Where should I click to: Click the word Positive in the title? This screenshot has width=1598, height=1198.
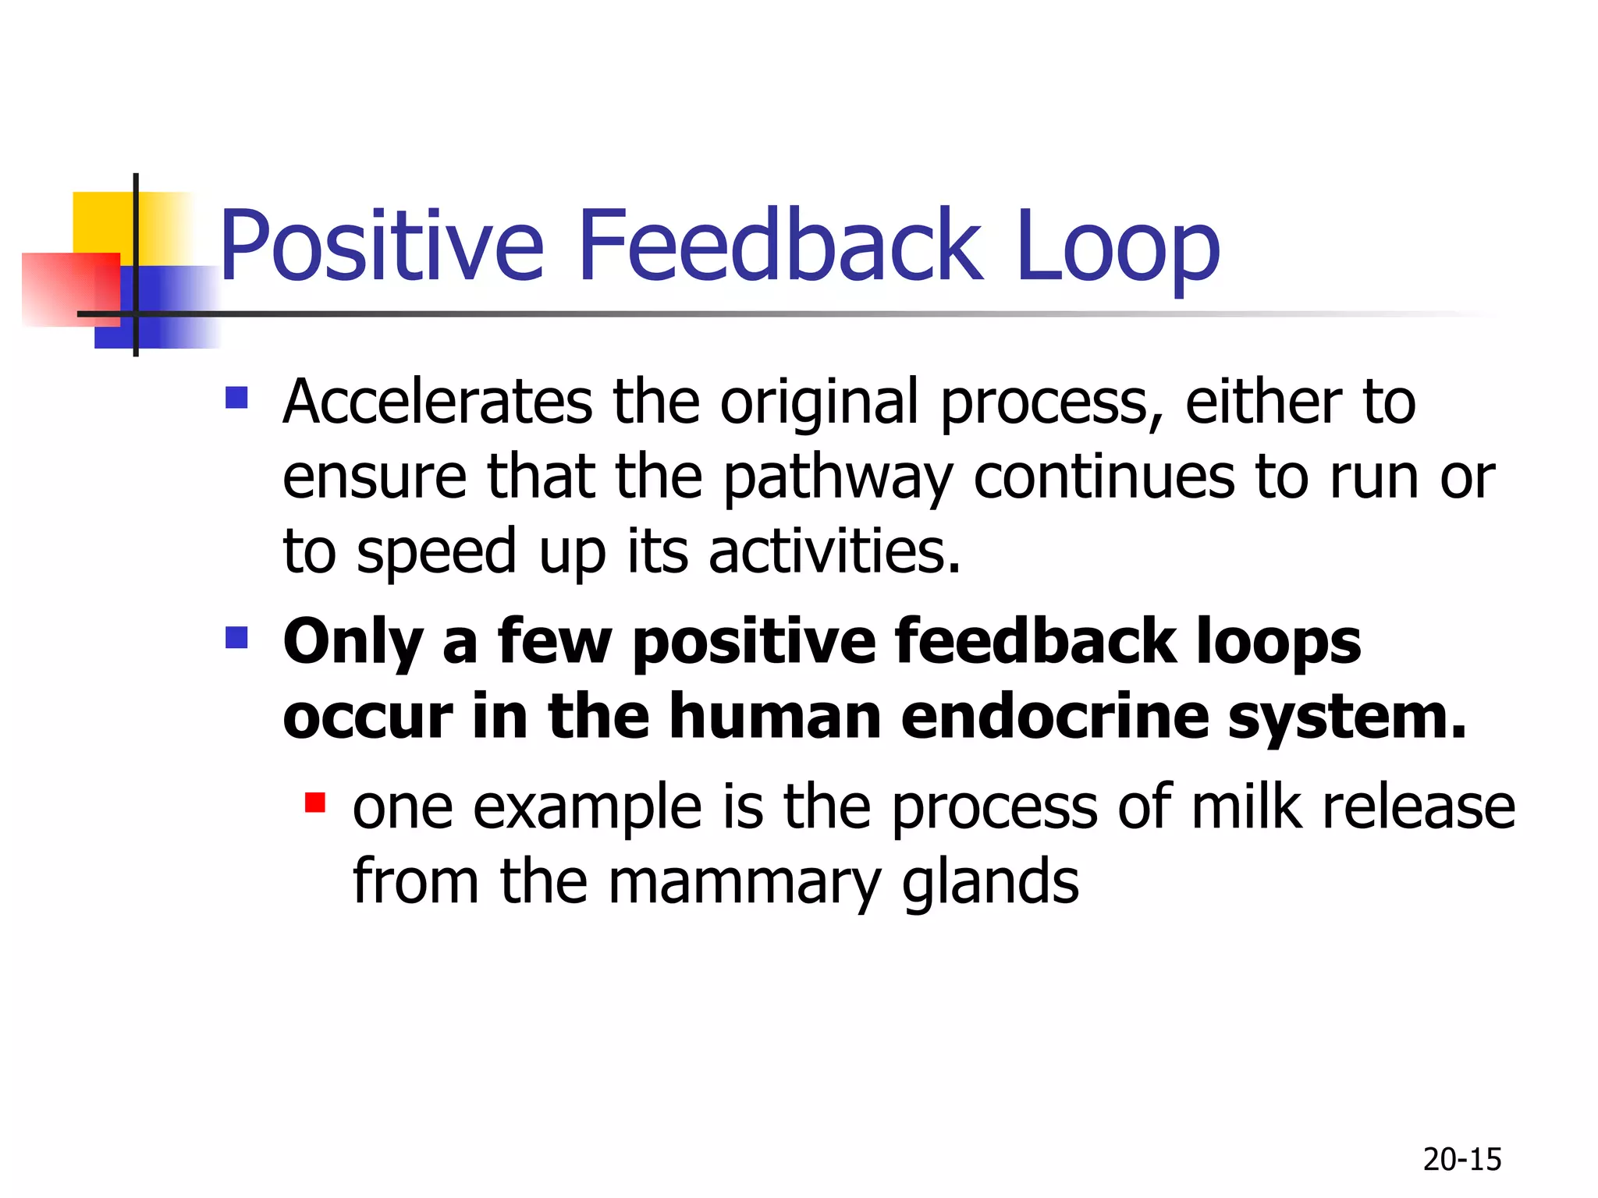tap(381, 246)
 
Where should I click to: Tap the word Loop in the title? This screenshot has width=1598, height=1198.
tap(1117, 246)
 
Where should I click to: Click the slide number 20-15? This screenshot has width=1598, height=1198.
tap(1461, 1160)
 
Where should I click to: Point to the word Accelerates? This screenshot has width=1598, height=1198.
tap(437, 402)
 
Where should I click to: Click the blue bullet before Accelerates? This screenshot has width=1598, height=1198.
tap(236, 399)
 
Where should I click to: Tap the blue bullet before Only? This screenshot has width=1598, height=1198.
tap(236, 638)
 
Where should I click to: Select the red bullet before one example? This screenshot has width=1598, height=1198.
tap(315, 802)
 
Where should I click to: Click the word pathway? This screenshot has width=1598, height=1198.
tap(838, 479)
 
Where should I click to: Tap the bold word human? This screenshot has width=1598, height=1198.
tap(776, 716)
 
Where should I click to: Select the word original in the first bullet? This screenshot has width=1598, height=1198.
tap(819, 402)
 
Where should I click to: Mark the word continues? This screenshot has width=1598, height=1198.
tap(1104, 477)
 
